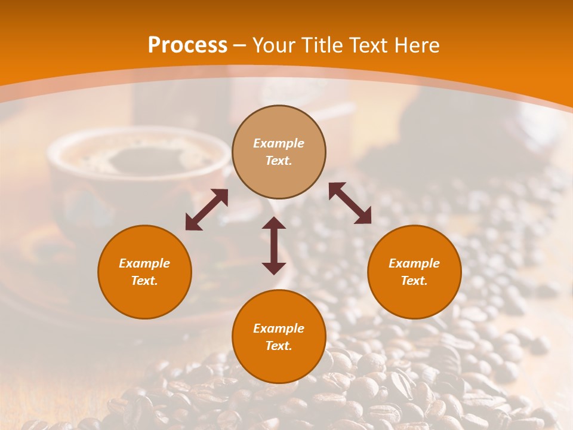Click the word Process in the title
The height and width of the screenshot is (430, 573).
pyautogui.click(x=187, y=45)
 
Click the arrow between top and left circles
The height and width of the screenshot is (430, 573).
pyautogui.click(x=207, y=210)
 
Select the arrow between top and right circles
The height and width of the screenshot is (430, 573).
pyautogui.click(x=350, y=204)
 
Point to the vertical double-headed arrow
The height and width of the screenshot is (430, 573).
pyautogui.click(x=274, y=245)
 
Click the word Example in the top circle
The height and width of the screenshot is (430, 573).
pyautogui.click(x=279, y=143)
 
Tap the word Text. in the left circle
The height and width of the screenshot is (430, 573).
pyautogui.click(x=144, y=281)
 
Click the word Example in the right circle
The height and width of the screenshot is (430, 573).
pyautogui.click(x=414, y=263)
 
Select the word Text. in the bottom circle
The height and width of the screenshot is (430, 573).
pyautogui.click(x=279, y=346)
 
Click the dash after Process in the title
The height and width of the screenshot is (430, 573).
pyautogui.click(x=239, y=46)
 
